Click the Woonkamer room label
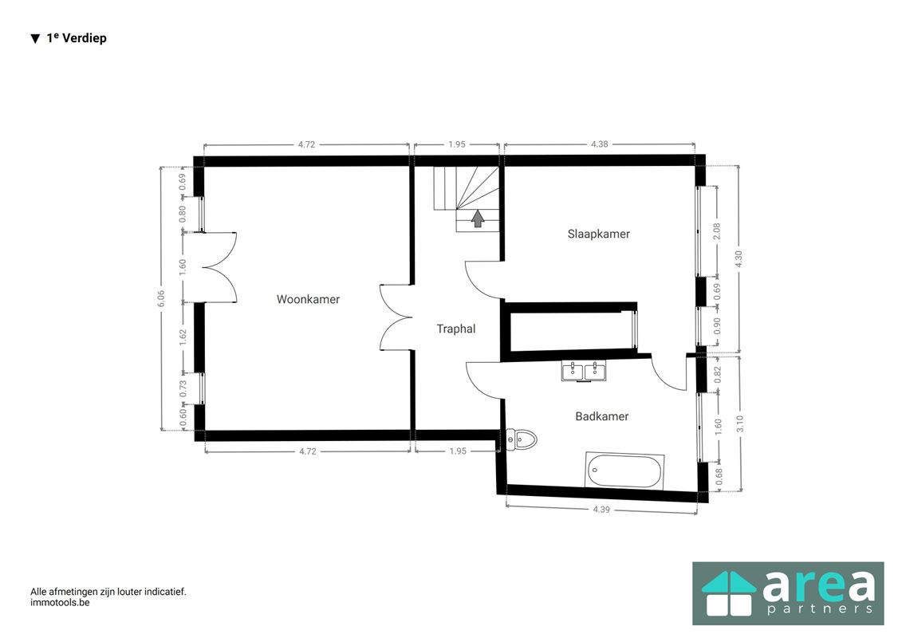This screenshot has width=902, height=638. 308,299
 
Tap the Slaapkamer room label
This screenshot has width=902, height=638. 598,234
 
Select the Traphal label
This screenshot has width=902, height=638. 455,329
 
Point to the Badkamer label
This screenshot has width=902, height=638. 601,416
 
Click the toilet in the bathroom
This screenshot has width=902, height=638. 521,440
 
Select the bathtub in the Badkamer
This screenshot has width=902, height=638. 624,471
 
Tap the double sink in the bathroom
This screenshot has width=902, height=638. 584,371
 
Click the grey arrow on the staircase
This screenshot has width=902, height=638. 478,219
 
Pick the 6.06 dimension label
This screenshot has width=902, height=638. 161,298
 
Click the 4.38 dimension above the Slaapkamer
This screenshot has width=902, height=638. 600,144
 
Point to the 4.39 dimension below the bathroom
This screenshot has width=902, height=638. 601,509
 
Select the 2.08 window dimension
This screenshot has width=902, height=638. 717,231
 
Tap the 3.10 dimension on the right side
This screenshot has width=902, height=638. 740,424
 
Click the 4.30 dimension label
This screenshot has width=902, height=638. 739,259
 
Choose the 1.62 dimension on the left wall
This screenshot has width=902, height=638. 183,337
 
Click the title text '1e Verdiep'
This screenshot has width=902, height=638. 77,38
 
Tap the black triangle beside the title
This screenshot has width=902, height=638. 35,38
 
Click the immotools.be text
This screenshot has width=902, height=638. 60,603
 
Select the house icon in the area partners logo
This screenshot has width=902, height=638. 728,593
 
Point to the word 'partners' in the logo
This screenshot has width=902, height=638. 821,608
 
